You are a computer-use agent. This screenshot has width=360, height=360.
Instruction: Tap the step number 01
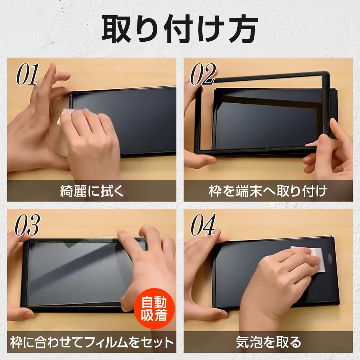point(27,75)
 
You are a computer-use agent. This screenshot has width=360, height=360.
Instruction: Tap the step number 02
point(203,75)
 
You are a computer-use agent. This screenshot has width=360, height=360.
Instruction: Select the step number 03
point(27,226)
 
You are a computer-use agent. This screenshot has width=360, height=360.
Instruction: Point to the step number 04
point(203,226)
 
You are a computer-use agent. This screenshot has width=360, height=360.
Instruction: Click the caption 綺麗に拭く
point(92,191)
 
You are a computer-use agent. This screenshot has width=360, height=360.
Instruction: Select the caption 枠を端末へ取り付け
point(268,191)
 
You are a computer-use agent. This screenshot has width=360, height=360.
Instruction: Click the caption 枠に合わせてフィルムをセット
point(92,342)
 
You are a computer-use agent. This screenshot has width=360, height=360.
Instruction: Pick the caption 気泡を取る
point(268,342)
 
